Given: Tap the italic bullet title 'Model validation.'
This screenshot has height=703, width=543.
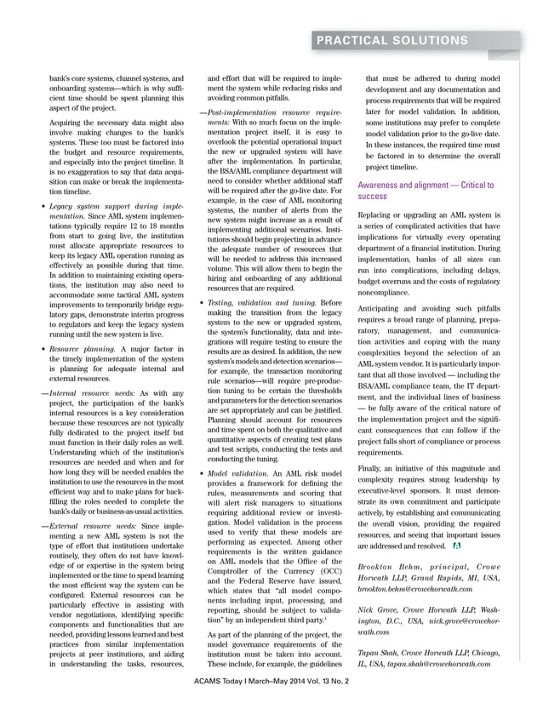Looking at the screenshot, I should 239,472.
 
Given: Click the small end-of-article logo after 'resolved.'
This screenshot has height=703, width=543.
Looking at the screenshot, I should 457,544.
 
